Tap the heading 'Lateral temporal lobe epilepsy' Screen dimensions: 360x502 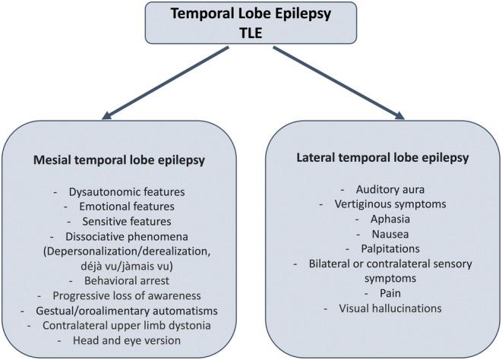click(x=381, y=160)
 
